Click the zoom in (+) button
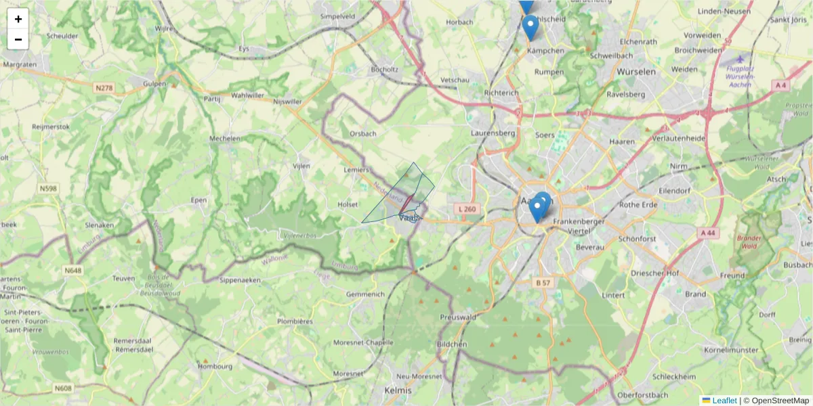click(x=18, y=19)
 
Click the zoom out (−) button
click(x=18, y=39)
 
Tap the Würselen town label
click(x=636, y=71)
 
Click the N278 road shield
click(x=104, y=88)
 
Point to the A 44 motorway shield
click(x=708, y=233)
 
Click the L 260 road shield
click(x=467, y=209)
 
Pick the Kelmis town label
click(x=398, y=390)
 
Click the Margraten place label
click(x=20, y=64)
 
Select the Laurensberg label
click(x=493, y=133)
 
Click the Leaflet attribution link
click(x=724, y=401)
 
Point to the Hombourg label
click(x=215, y=366)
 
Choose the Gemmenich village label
click(x=365, y=294)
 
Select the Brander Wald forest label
click(x=749, y=242)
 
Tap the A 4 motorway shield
click(x=781, y=85)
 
